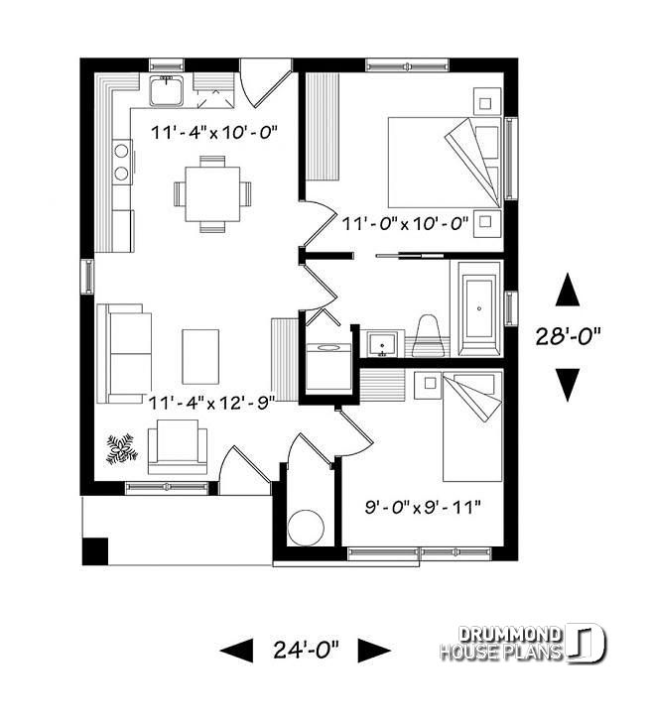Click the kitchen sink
tap(166, 91)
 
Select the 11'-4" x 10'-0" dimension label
tap(213, 131)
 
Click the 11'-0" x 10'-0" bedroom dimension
tap(404, 224)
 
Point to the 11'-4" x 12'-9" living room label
tap(210, 402)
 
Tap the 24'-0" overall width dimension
tap(305, 651)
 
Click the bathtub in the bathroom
tap(478, 309)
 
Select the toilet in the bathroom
tap(428, 334)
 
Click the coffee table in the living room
tap(200, 355)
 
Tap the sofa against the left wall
tap(123, 352)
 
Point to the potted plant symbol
tap(122, 449)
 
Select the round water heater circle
tap(306, 528)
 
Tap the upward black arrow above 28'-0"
tap(568, 290)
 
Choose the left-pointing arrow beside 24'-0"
tap(236, 651)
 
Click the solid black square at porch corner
tap(94, 550)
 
